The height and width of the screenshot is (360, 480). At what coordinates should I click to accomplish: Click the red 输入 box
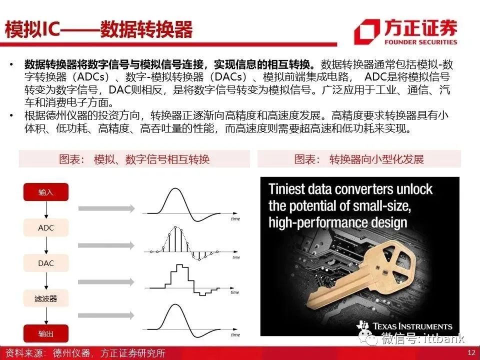coord(46,192)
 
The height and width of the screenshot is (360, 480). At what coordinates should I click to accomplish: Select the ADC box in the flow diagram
coord(46,228)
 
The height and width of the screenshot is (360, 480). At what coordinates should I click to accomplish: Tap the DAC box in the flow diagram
coord(46,263)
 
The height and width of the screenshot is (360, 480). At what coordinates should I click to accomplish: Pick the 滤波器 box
coord(46,298)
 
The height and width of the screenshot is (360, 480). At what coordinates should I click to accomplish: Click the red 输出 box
coord(46,333)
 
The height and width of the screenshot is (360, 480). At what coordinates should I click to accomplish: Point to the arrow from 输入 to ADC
coord(46,210)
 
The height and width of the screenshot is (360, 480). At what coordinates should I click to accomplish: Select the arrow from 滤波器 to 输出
coord(46,316)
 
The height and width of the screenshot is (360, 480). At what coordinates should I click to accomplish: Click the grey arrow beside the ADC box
coord(106,245)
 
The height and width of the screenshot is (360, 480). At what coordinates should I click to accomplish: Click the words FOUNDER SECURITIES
coord(420,42)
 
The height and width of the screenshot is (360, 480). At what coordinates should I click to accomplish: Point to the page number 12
coord(471,352)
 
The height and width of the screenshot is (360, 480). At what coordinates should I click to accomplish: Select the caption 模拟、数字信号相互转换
coord(152,159)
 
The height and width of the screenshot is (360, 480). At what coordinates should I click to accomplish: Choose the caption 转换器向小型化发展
coord(376,159)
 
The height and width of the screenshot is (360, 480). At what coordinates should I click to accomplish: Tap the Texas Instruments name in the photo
coord(412,326)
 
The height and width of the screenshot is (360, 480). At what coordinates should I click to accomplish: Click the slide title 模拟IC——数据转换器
coord(98,29)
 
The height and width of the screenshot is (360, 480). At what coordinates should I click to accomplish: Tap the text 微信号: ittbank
coord(422,338)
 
